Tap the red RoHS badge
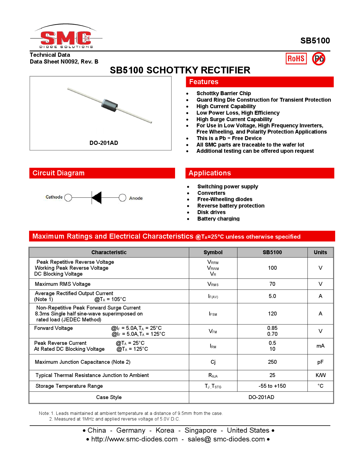pyautogui.click(x=296, y=59)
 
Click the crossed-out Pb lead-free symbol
pyautogui.click(x=318, y=59)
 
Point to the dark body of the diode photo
pyautogui.click(x=109, y=105)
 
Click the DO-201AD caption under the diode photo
pyautogui.click(x=104, y=143)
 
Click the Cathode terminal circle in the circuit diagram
pyautogui.click(x=68, y=197)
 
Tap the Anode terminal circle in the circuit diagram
pyautogui.click(x=122, y=198)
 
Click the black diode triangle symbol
pyautogui.click(x=97, y=197)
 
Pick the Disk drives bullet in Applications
pyautogui.click(x=211, y=212)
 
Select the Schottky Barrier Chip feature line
pyautogui.click(x=223, y=93)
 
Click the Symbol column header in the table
pyautogui.click(x=213, y=252)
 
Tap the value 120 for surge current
pyautogui.click(x=272, y=314)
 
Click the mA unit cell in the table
pyautogui.click(x=320, y=346)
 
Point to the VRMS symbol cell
pyautogui.click(x=213, y=284)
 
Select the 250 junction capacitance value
pyautogui.click(x=272, y=362)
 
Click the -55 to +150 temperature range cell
pyautogui.click(x=272, y=386)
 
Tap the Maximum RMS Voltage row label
pyautogui.click(x=63, y=284)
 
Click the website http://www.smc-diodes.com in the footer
pyautogui.click(x=134, y=439)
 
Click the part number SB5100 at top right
pyautogui.click(x=315, y=41)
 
